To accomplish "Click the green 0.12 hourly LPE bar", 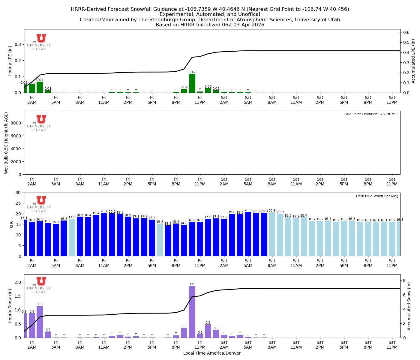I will pyautogui.click(x=192, y=83).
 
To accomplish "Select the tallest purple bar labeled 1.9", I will pyautogui.click(x=192, y=312).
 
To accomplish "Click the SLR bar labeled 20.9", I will pyautogui.click(x=248, y=234).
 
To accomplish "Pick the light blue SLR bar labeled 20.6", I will pyautogui.click(x=272, y=234).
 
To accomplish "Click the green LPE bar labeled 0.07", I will pyautogui.click(x=40, y=87).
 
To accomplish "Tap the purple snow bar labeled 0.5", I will pyautogui.click(x=208, y=331).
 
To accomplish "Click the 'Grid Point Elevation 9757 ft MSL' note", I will pyautogui.click(x=371, y=114).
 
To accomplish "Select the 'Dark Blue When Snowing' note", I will pyautogui.click(x=377, y=196).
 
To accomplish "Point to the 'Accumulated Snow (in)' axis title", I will pyautogui.click(x=409, y=306).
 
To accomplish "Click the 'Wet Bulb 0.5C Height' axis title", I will pyautogui.click(x=6, y=143).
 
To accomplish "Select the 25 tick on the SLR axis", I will pyautogui.click(x=19, y=203).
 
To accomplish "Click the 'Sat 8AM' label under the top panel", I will pyautogui.click(x=272, y=100).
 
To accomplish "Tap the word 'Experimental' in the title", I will pyautogui.click(x=175, y=14).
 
